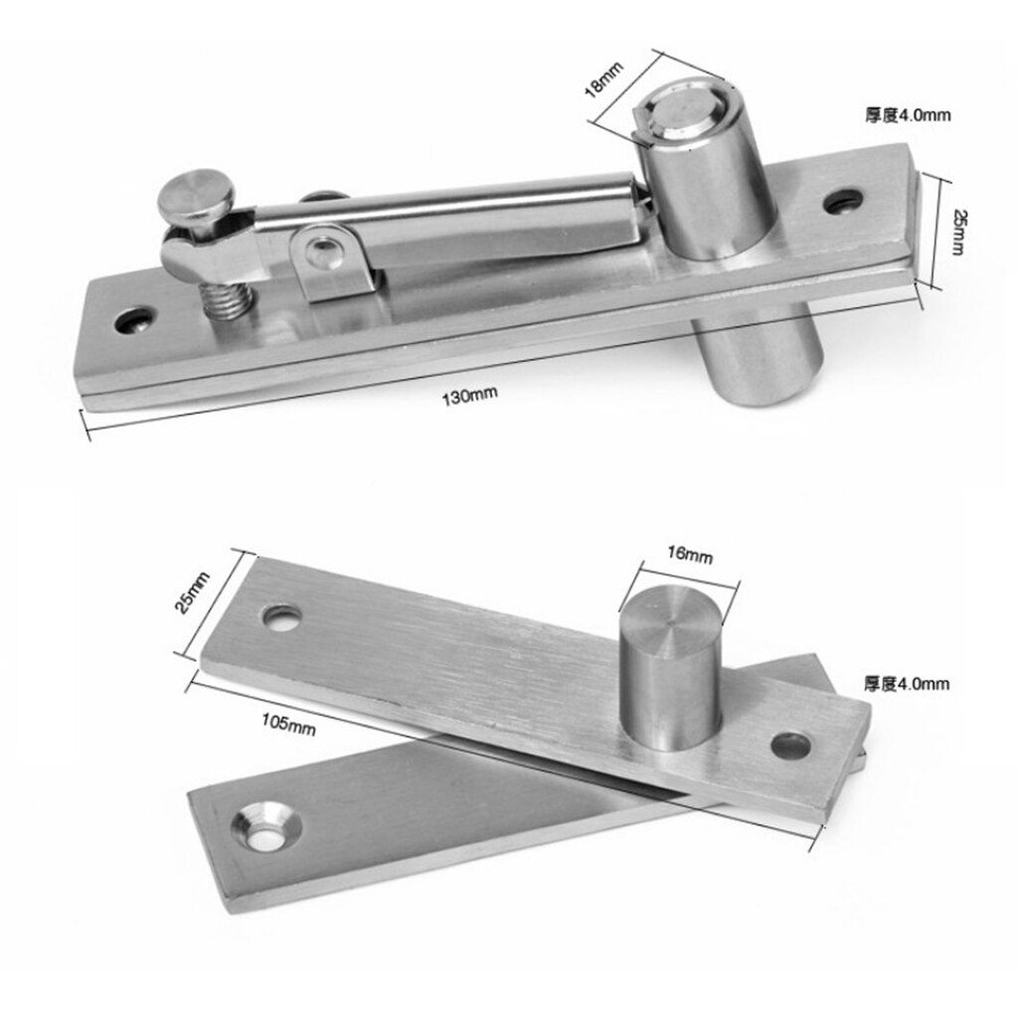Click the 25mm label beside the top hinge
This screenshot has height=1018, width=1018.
[956, 231]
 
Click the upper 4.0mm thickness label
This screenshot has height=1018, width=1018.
[907, 115]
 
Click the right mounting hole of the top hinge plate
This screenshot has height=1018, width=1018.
[841, 201]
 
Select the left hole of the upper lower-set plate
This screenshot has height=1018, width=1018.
[281, 616]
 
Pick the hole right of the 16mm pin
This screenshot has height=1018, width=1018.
[790, 743]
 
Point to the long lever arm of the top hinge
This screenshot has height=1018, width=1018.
[447, 214]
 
